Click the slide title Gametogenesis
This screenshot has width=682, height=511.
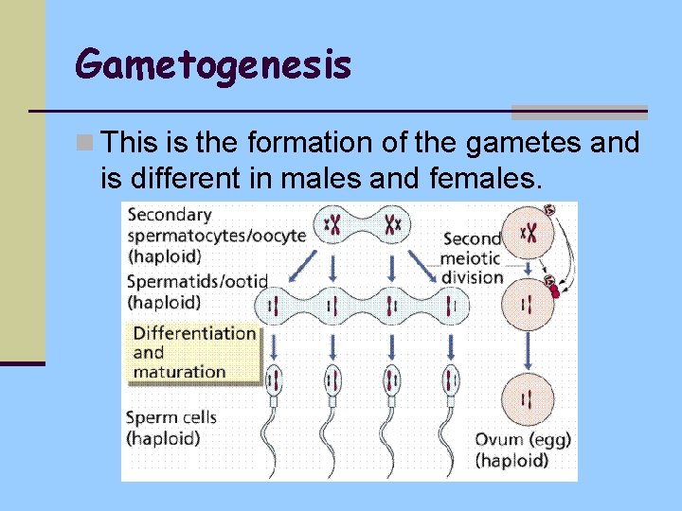(x=214, y=64)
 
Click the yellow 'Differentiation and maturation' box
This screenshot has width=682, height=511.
(x=194, y=352)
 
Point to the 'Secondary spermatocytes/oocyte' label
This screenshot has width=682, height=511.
(x=216, y=235)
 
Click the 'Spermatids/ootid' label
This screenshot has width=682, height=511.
(x=197, y=291)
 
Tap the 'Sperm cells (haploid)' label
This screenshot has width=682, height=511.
(x=171, y=428)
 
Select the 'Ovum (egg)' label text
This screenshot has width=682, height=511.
(x=523, y=440)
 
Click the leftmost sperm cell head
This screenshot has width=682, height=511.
(x=275, y=381)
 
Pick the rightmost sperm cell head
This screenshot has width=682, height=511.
(x=450, y=381)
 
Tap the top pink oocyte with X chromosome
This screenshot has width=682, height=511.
(x=531, y=233)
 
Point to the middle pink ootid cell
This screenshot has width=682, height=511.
(x=530, y=305)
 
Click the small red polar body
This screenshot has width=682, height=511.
(x=556, y=291)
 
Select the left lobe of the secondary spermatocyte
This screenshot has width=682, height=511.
(x=333, y=225)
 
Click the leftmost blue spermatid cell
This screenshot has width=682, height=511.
(x=276, y=306)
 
